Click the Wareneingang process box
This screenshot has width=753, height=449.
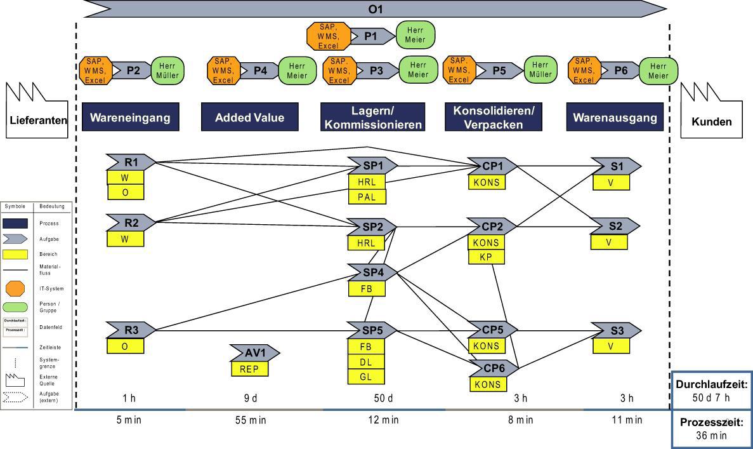[x=130, y=117]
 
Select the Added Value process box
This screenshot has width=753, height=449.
[x=249, y=117]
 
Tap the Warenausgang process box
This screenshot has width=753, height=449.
[x=613, y=117]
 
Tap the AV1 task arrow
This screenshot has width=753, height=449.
[x=254, y=353]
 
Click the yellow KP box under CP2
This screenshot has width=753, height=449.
[x=487, y=257]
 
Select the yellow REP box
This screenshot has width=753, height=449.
[x=249, y=368]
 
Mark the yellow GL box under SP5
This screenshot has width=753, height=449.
[x=366, y=376]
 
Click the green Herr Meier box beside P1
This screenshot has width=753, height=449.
[x=416, y=36]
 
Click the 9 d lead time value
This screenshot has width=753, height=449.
[x=251, y=398]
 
